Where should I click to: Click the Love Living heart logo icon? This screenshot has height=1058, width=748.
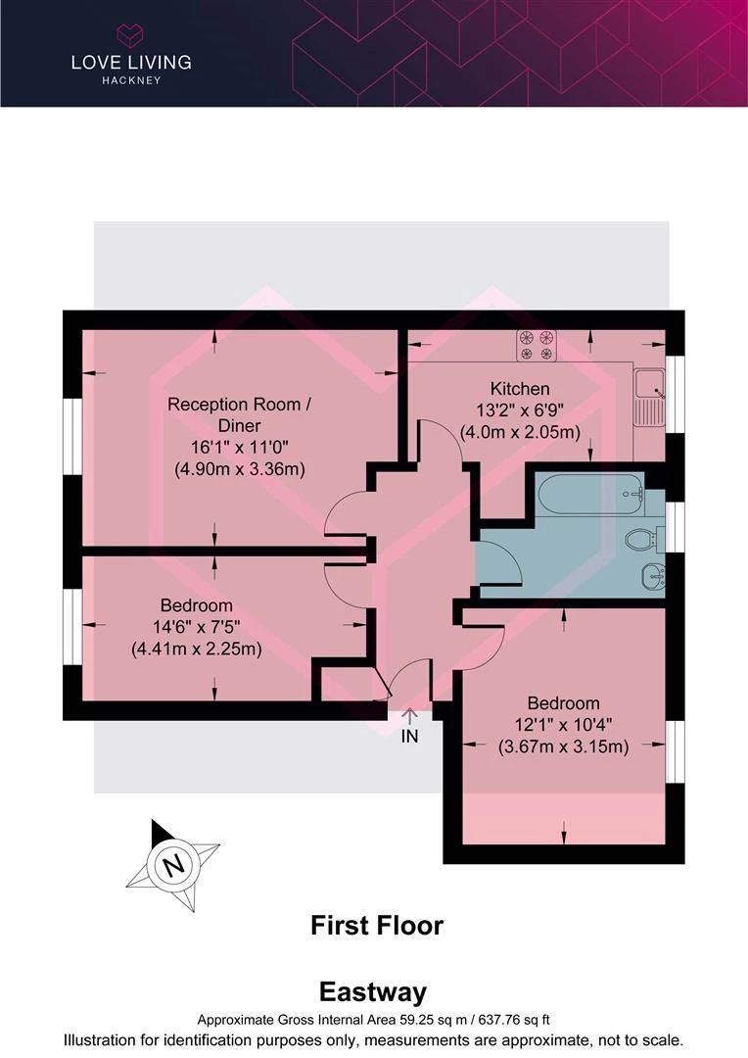click(x=131, y=34)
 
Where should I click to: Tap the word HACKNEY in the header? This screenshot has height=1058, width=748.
click(x=131, y=80)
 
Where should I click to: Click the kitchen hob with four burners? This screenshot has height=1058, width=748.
click(x=537, y=345)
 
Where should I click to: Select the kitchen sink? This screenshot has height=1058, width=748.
click(x=649, y=399)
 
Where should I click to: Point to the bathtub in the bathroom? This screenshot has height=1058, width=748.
click(x=588, y=495)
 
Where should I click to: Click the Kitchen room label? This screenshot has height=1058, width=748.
click(x=520, y=389)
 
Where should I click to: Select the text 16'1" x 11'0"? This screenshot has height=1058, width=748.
click(x=240, y=447)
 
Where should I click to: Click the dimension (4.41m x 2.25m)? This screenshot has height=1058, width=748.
click(x=196, y=649)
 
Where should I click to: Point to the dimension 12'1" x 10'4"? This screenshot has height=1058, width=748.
click(x=563, y=725)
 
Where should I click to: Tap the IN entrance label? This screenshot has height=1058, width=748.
click(x=409, y=736)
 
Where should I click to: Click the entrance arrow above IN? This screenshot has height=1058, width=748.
click(x=409, y=716)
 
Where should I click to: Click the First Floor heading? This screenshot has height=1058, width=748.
click(x=377, y=925)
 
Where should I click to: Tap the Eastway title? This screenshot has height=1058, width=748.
click(x=373, y=991)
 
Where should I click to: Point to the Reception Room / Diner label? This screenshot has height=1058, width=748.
click(x=240, y=415)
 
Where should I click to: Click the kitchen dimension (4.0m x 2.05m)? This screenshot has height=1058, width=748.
click(x=520, y=432)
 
